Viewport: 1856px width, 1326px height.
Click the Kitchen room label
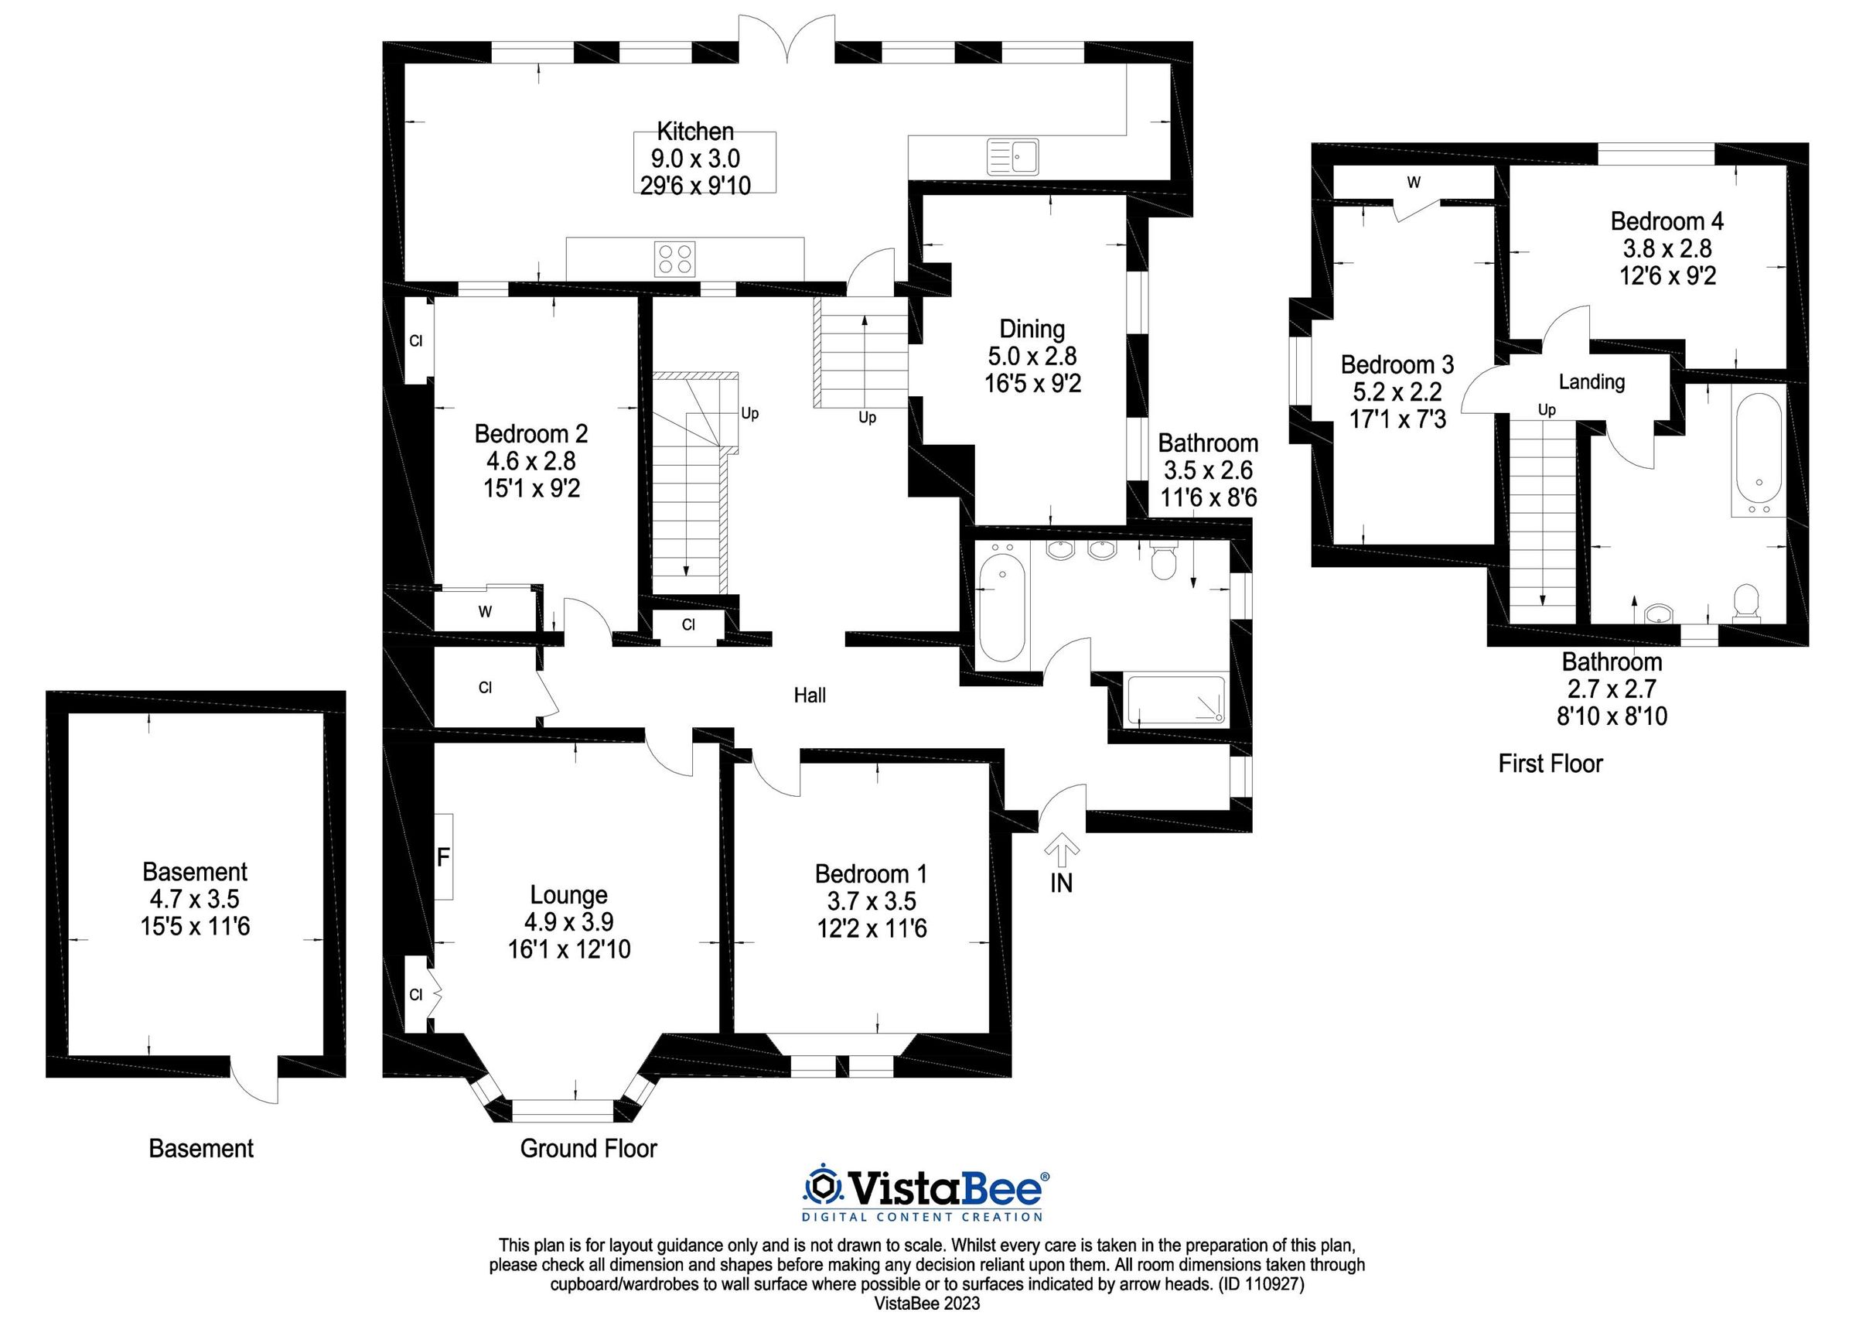click(x=695, y=131)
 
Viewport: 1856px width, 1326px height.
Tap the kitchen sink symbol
click(x=1013, y=156)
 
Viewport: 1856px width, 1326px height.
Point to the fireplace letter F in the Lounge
click(x=443, y=856)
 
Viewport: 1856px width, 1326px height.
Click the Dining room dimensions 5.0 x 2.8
click(x=1032, y=356)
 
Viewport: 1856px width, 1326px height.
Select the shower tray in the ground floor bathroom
click(x=1175, y=701)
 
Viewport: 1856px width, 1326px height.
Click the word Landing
click(x=1592, y=381)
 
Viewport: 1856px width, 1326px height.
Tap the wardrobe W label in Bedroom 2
click(x=485, y=612)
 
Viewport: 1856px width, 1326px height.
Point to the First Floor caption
click(x=1550, y=764)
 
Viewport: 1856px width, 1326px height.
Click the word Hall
click(x=810, y=695)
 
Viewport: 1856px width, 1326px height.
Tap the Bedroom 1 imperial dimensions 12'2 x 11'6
click(x=872, y=928)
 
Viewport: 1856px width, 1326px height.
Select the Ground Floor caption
click(x=589, y=1149)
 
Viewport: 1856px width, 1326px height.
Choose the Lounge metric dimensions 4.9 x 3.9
click(x=569, y=921)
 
